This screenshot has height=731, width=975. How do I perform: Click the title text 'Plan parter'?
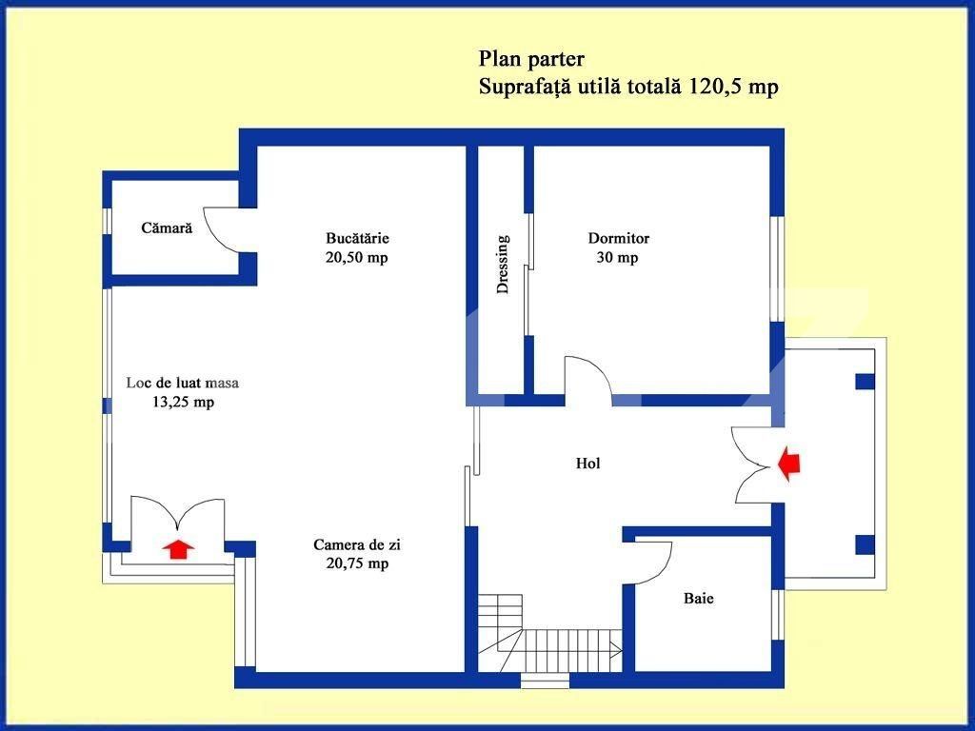(x=531, y=60)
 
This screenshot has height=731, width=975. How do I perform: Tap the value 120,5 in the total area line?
(x=716, y=87)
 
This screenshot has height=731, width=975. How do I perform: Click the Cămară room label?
(x=167, y=228)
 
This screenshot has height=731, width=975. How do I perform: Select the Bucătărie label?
(x=357, y=238)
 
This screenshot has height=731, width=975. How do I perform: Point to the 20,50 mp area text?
(x=357, y=257)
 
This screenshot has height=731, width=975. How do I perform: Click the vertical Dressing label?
(x=503, y=265)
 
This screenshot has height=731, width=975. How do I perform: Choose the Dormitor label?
(x=619, y=238)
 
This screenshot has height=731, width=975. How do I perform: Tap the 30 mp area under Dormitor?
(x=619, y=258)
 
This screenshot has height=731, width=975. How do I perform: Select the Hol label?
(x=588, y=464)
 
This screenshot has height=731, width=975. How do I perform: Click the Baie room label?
(x=698, y=599)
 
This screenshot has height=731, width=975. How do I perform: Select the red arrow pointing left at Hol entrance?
(x=789, y=464)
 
